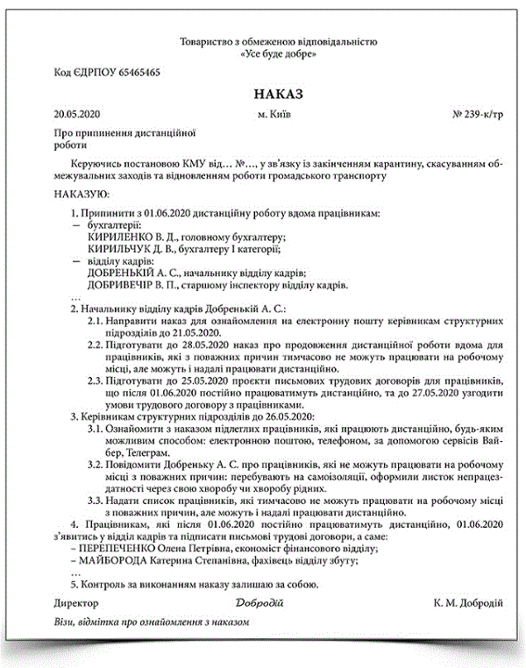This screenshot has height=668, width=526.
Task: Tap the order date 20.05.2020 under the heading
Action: (x=77, y=115)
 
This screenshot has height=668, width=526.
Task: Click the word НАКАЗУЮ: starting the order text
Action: (x=82, y=194)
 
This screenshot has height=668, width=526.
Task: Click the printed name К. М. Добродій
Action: (x=467, y=604)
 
